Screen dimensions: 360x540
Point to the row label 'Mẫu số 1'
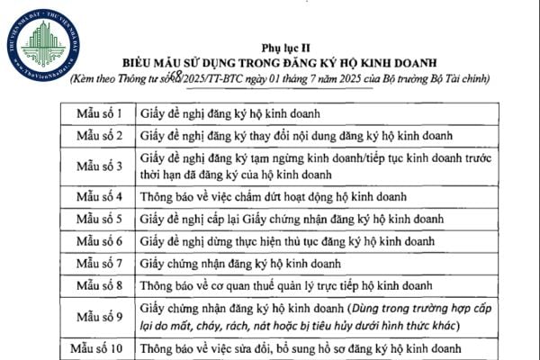tap(101, 115)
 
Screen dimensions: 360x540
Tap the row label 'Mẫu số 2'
tap(101, 137)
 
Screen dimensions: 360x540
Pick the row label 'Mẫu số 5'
tap(101, 218)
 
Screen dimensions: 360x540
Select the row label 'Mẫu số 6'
tap(101, 240)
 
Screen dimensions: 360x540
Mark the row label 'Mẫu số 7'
tap(101, 264)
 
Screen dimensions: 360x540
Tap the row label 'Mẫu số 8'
tap(101, 286)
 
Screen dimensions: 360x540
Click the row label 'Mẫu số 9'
tap(101, 316)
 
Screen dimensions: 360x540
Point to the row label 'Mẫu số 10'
tap(101, 347)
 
